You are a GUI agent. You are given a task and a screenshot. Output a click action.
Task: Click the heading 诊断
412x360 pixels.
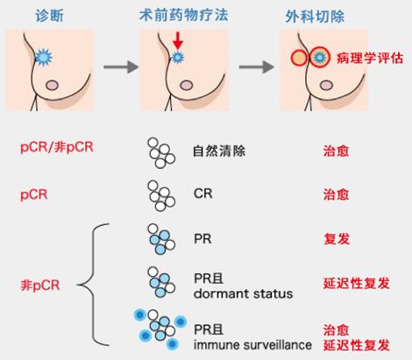point(49,15)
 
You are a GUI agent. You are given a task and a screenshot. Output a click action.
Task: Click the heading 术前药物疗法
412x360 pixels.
point(184,15)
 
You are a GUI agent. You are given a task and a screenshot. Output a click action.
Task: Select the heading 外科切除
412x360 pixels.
point(315,17)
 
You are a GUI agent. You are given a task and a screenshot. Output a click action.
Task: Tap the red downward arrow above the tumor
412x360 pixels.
point(177,40)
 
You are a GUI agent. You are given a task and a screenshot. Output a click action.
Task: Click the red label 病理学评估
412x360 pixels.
point(370,58)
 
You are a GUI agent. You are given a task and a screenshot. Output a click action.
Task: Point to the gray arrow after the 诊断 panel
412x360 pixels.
point(121,67)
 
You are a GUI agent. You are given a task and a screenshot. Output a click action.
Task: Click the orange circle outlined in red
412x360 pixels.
point(299,58)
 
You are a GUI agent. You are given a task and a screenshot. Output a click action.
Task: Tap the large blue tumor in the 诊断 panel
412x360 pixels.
point(44,57)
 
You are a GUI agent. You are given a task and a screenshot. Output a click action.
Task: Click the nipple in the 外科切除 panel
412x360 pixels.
point(326,86)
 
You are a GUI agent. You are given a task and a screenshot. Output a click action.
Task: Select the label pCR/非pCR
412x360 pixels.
point(57,147)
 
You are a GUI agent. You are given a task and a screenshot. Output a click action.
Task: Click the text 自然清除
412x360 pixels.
point(219,151)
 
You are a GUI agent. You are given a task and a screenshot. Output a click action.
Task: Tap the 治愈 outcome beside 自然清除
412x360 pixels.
point(336,152)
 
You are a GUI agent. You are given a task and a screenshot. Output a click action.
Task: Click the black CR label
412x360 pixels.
point(202,194)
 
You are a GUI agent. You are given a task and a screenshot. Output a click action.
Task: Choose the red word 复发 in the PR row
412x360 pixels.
point(337,239)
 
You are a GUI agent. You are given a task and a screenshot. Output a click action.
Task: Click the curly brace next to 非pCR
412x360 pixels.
point(93,285)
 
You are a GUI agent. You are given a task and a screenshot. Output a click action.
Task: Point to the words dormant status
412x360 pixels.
point(243,293)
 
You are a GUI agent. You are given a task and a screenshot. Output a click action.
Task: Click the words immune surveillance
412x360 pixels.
point(252,345)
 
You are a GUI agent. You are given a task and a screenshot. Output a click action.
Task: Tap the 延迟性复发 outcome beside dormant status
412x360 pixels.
point(357,283)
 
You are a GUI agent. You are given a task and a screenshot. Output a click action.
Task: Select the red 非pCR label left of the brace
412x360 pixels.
point(40,285)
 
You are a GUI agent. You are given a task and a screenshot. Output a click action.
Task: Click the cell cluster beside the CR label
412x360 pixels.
point(161,195)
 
